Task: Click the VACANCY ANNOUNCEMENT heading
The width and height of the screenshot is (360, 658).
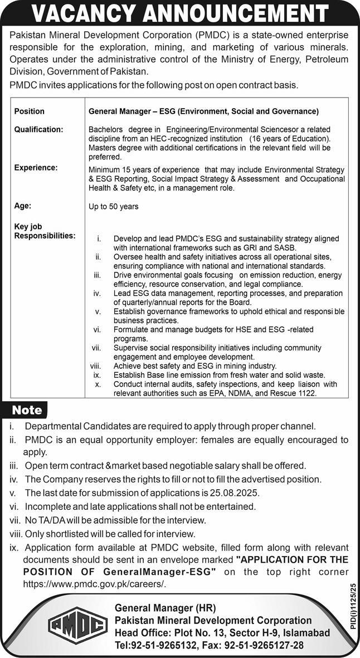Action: pyautogui.click(x=179, y=13)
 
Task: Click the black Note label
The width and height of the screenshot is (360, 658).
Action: pyautogui.click(x=27, y=410)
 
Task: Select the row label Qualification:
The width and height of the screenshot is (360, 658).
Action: pyautogui.click(x=38, y=129)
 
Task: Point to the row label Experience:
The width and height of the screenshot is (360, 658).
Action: pyautogui.click(x=35, y=167)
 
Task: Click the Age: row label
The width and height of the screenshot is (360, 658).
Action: pyautogui.click(x=22, y=206)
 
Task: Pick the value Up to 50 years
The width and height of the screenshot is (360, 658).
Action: pyautogui.click(x=114, y=206)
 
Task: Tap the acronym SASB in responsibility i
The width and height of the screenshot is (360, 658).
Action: pyautogui.click(x=285, y=247)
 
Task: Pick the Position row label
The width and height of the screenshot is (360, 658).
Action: pyautogui.click(x=29, y=111)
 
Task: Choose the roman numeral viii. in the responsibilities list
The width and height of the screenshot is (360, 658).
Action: pyautogui.click(x=95, y=366)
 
